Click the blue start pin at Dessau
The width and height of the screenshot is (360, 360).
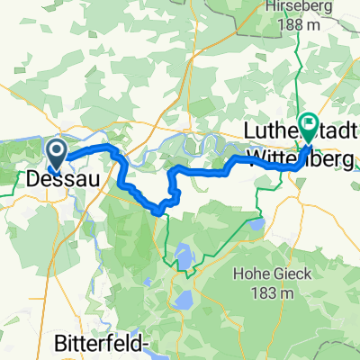pos(56,150)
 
